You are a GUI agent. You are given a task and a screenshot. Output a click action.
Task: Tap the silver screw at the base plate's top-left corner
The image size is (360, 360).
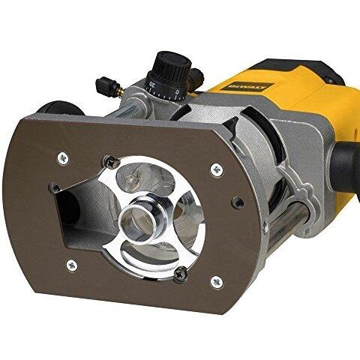tap(63, 156)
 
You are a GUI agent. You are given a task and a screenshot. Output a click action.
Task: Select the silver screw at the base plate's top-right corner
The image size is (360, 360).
tap(216, 169)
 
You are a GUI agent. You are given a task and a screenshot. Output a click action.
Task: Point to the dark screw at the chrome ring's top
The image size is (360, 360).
tap(111, 159)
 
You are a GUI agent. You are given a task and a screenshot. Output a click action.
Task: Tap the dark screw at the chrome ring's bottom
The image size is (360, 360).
tap(181, 275)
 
